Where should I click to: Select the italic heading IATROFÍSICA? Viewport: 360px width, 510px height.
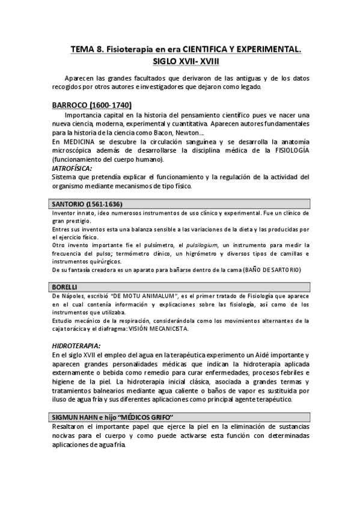(x=75, y=168)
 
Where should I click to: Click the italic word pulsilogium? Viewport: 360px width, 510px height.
(x=200, y=245)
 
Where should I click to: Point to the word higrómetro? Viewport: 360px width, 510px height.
(x=192, y=253)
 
